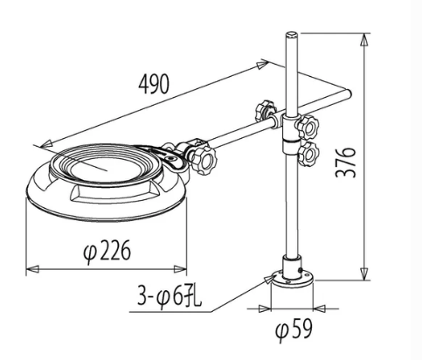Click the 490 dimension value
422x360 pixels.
click(x=154, y=84)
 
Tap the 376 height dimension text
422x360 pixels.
click(x=346, y=163)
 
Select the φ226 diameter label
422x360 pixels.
click(x=107, y=251)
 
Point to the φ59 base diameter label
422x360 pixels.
click(x=294, y=329)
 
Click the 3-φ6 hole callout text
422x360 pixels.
click(x=169, y=296)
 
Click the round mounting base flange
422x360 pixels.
click(x=292, y=279)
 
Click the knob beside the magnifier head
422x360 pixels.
click(x=204, y=160)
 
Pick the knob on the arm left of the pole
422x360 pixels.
click(x=264, y=111)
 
